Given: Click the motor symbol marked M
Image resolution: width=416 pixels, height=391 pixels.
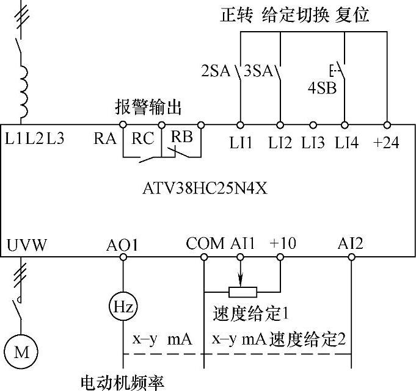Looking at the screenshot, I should click(x=21, y=351).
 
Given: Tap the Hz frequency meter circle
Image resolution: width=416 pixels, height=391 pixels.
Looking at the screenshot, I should click(x=122, y=305).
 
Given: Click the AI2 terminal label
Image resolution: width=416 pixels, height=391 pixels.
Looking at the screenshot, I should click(x=351, y=244).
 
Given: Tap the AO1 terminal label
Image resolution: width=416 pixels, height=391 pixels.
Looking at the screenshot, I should click(x=122, y=245).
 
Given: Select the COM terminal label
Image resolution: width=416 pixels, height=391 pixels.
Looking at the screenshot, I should click(x=204, y=244).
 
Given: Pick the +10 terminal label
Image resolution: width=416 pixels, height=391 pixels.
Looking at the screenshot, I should click(x=282, y=244).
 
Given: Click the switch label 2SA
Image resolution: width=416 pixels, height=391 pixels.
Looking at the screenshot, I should click(x=216, y=71).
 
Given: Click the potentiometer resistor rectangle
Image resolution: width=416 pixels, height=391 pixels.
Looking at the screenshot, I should click(x=243, y=291).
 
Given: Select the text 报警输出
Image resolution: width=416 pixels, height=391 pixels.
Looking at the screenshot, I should click(x=148, y=107).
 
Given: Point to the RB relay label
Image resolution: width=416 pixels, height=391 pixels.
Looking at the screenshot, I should click(x=181, y=137).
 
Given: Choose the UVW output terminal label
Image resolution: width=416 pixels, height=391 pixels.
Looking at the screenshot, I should click(x=26, y=245).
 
